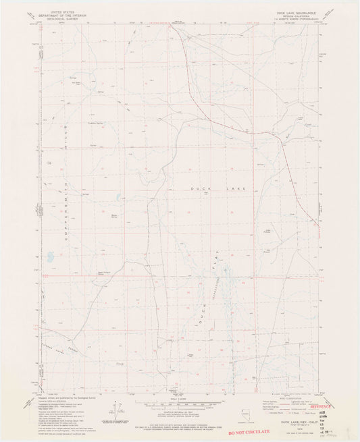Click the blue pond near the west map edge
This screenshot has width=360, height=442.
(x=49, y=256)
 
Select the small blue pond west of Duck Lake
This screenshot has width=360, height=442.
(x=119, y=198)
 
